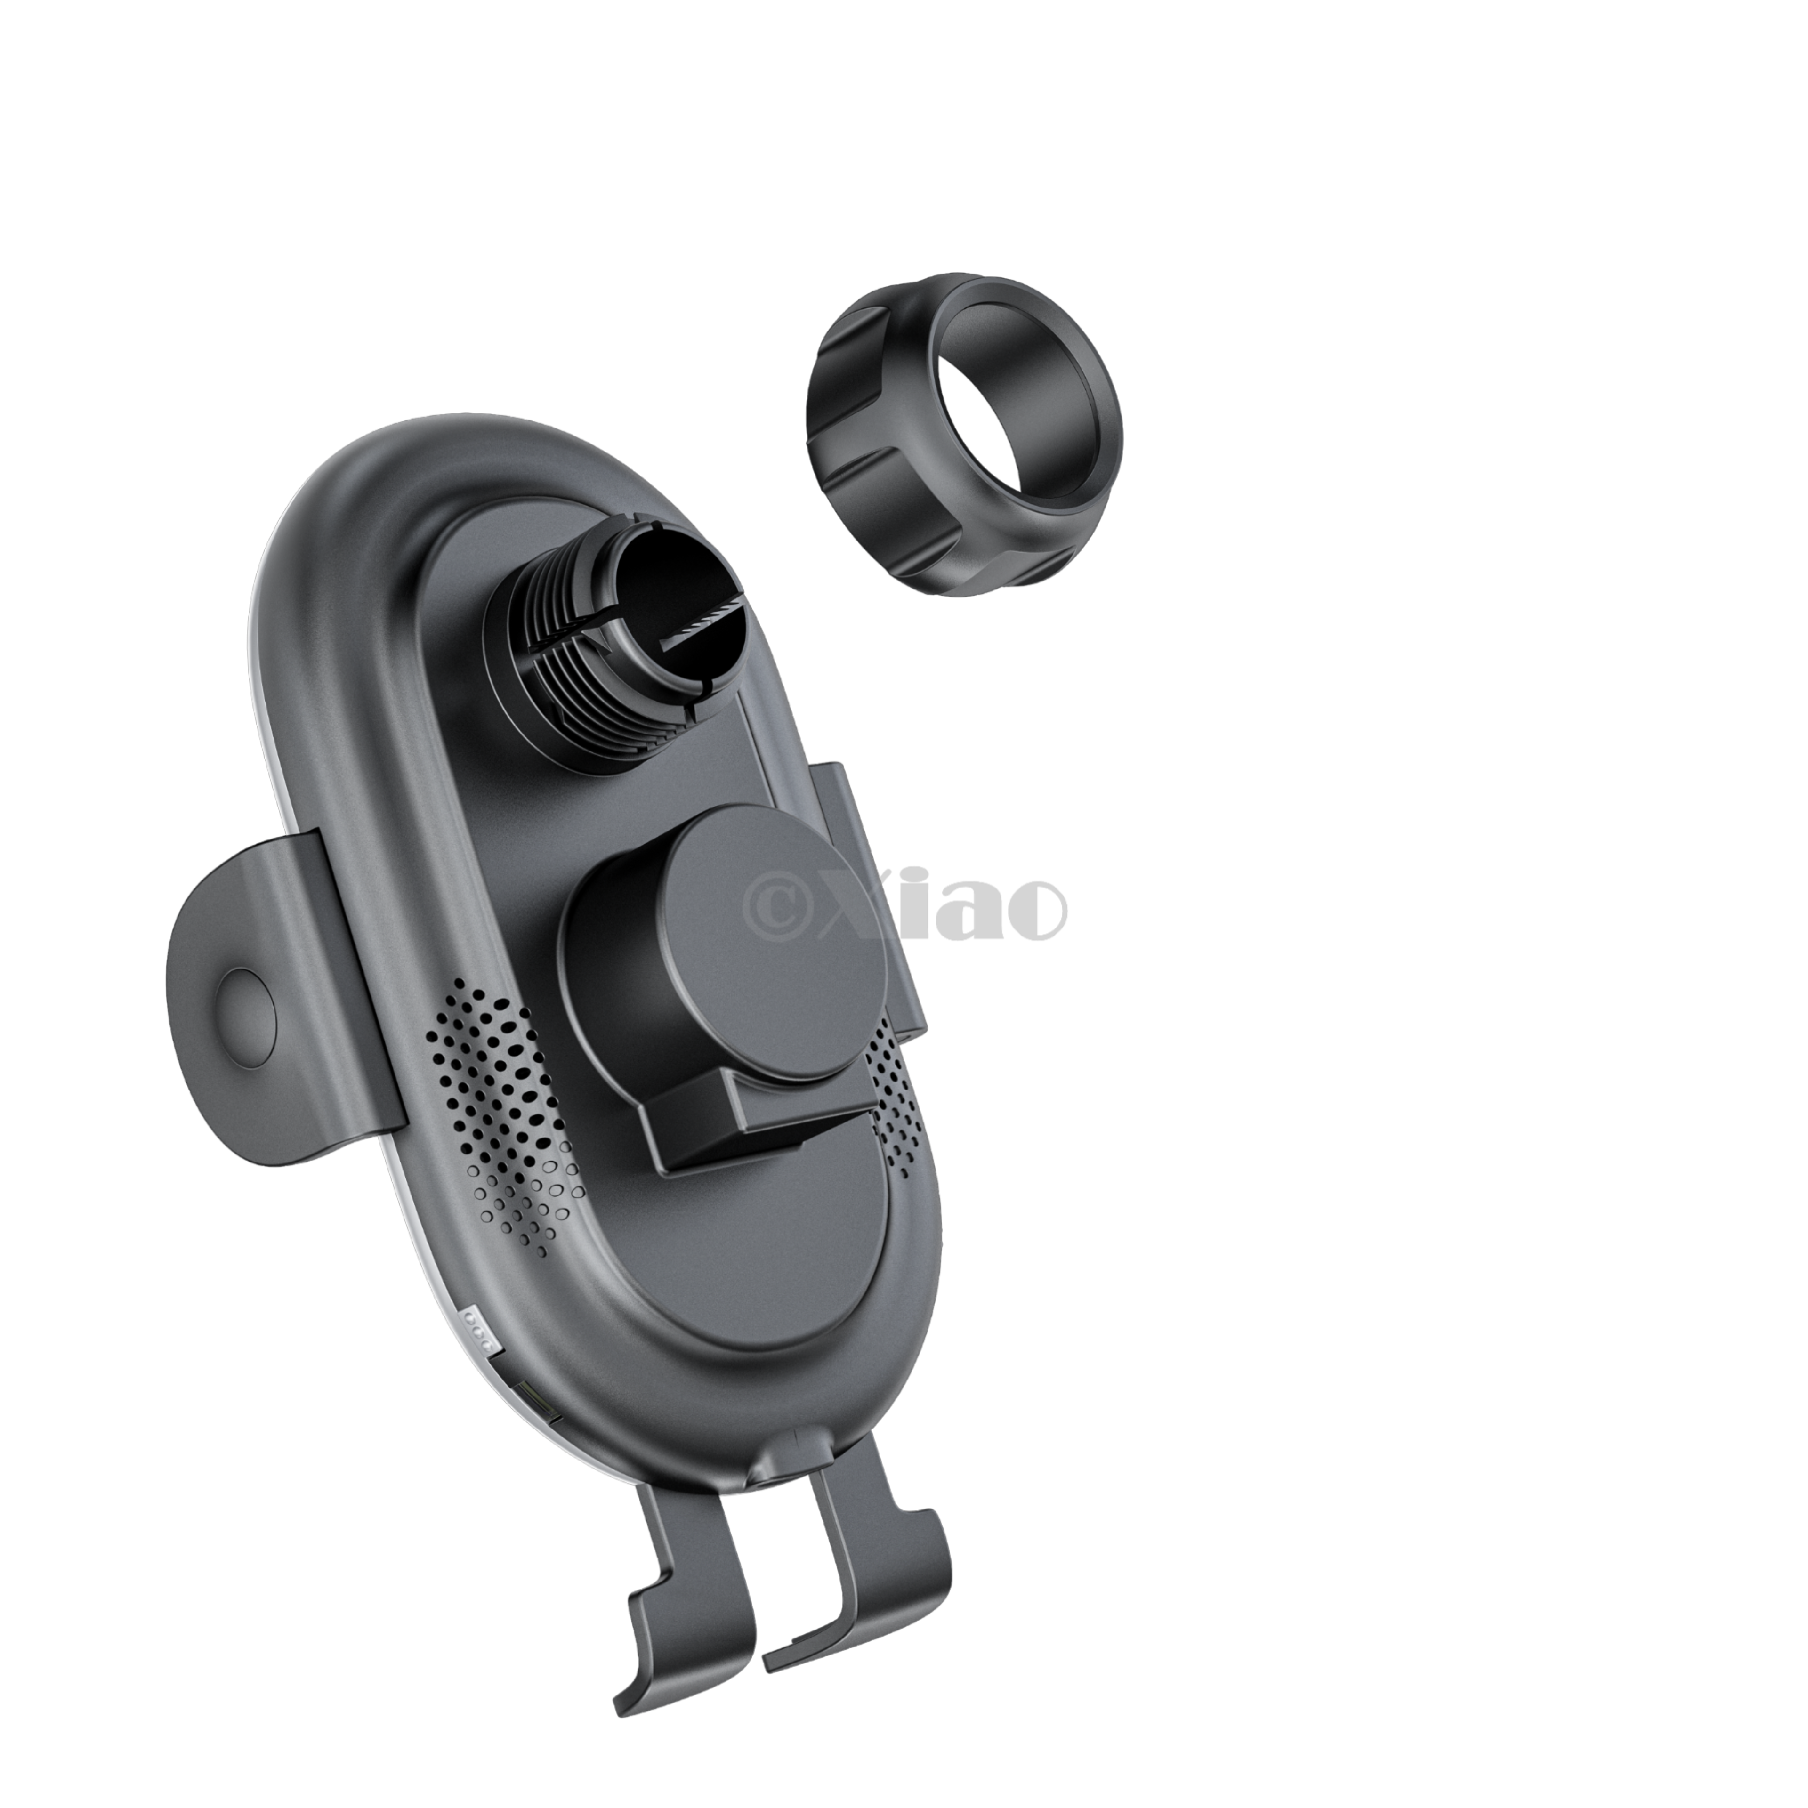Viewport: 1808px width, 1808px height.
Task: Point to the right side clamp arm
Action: (x=866, y=898)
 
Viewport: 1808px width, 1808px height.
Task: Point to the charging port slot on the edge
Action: (x=535, y=1404)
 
